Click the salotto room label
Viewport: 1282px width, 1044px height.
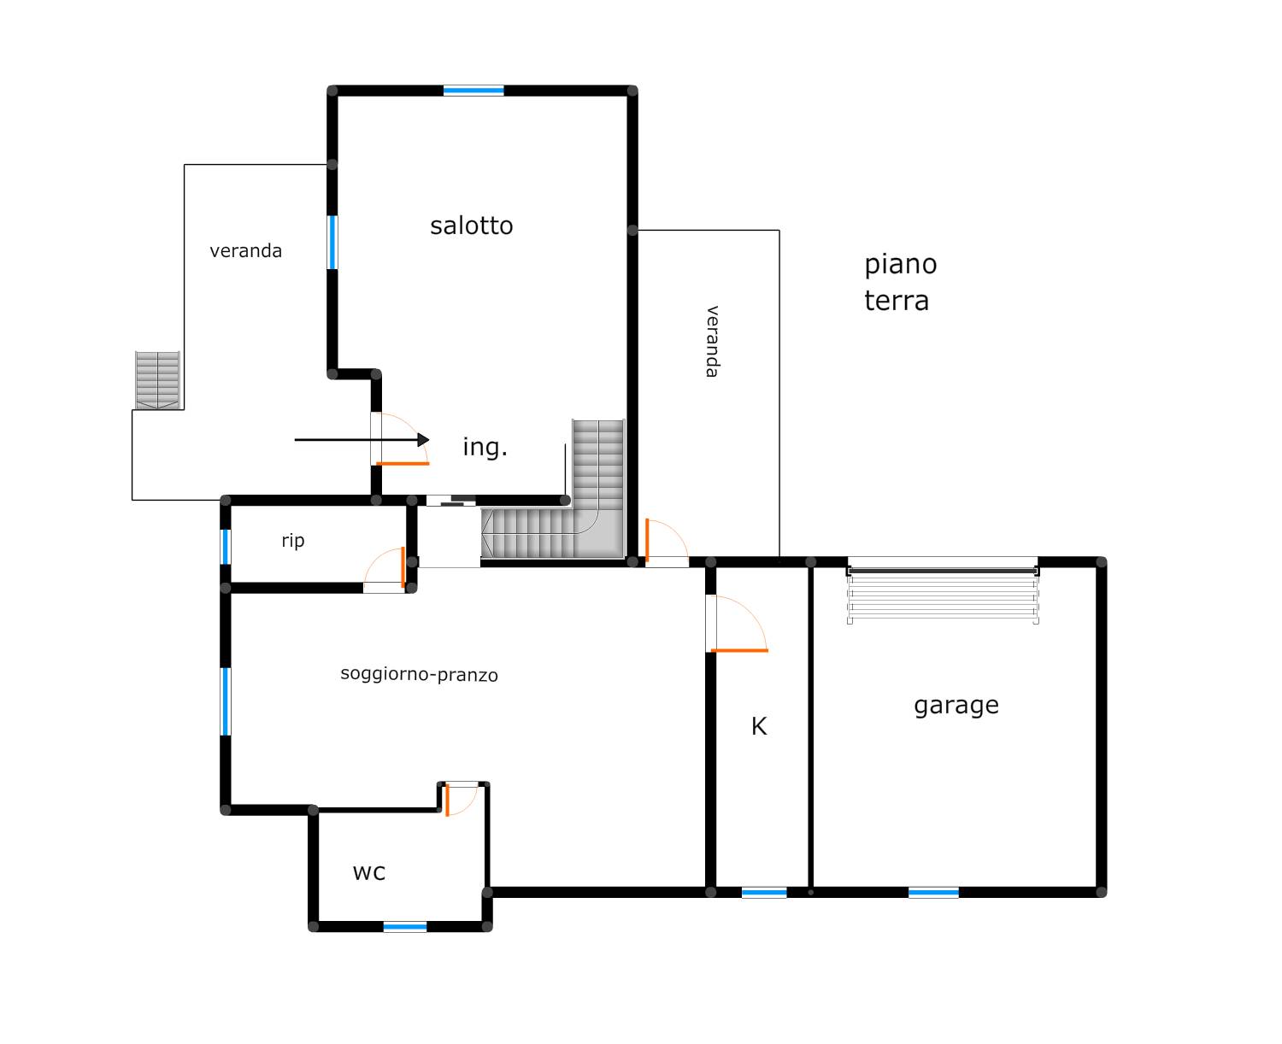point(471,226)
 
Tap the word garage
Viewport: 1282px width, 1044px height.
point(956,706)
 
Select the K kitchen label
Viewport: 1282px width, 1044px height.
point(759,726)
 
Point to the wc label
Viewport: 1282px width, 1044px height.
point(369,873)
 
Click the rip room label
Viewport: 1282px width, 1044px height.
point(293,540)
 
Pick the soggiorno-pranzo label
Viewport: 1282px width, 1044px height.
point(419,675)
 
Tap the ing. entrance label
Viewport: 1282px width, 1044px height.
point(485,447)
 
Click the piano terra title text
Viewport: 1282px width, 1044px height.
point(901,282)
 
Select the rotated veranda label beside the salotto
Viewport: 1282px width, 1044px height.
point(712,341)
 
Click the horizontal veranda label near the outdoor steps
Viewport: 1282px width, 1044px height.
point(245,250)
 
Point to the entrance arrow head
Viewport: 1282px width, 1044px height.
point(424,440)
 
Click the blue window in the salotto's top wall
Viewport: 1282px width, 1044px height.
point(473,91)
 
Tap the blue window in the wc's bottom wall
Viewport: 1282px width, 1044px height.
point(405,927)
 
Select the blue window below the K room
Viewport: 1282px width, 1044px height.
point(764,893)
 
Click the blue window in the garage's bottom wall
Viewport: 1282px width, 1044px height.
point(933,893)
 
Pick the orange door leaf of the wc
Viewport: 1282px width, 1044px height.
point(447,800)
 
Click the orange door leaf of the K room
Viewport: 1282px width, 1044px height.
point(739,650)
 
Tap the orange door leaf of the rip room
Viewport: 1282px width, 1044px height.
point(403,567)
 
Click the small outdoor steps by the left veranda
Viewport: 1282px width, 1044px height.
point(158,380)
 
